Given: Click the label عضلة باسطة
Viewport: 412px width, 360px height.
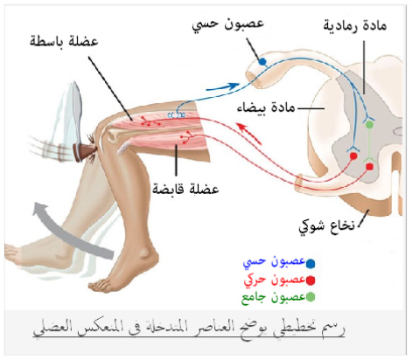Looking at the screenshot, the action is click(x=64, y=41).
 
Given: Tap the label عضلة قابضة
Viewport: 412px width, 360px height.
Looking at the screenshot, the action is click(x=185, y=189).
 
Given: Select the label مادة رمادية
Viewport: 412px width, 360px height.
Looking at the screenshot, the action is click(x=355, y=25).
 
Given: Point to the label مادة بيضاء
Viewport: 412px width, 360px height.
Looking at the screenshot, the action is click(x=266, y=107).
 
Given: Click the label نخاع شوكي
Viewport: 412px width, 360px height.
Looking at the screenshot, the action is click(x=326, y=225).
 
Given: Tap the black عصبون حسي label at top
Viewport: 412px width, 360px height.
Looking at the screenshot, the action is click(x=227, y=24).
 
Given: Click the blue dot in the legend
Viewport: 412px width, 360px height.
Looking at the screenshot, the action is click(x=311, y=263).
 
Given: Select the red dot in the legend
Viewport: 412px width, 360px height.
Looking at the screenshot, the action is click(x=311, y=280).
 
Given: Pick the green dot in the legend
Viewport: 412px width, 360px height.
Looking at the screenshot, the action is click(x=311, y=297).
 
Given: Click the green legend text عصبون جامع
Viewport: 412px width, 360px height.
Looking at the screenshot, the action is click(x=274, y=297).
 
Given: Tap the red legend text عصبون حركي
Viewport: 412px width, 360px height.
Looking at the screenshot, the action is click(x=275, y=280).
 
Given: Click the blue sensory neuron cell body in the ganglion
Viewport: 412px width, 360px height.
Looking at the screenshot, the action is click(x=262, y=61).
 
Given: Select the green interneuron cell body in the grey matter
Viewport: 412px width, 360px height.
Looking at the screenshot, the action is click(x=369, y=125).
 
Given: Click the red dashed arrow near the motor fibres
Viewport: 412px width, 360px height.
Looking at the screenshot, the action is click(x=248, y=133).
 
